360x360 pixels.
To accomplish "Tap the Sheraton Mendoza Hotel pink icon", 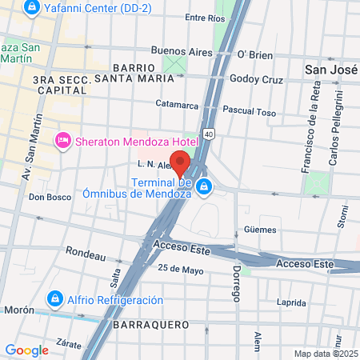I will pyautogui.click(x=62, y=142).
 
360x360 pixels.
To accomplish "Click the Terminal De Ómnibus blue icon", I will pyautogui.click(x=206, y=187).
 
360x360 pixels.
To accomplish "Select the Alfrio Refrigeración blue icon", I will pyautogui.click(x=55, y=300).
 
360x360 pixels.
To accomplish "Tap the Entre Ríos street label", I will pyautogui.click(x=205, y=17).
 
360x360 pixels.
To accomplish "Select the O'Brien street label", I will pyautogui.click(x=255, y=54).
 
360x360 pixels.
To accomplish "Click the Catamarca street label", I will pyautogui.click(x=176, y=104).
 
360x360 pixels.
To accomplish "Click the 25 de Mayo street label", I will pyautogui.click(x=178, y=269).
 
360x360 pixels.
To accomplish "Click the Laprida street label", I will pyautogui.click(x=290, y=302).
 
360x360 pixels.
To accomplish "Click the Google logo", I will pyautogui.click(x=27, y=350).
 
